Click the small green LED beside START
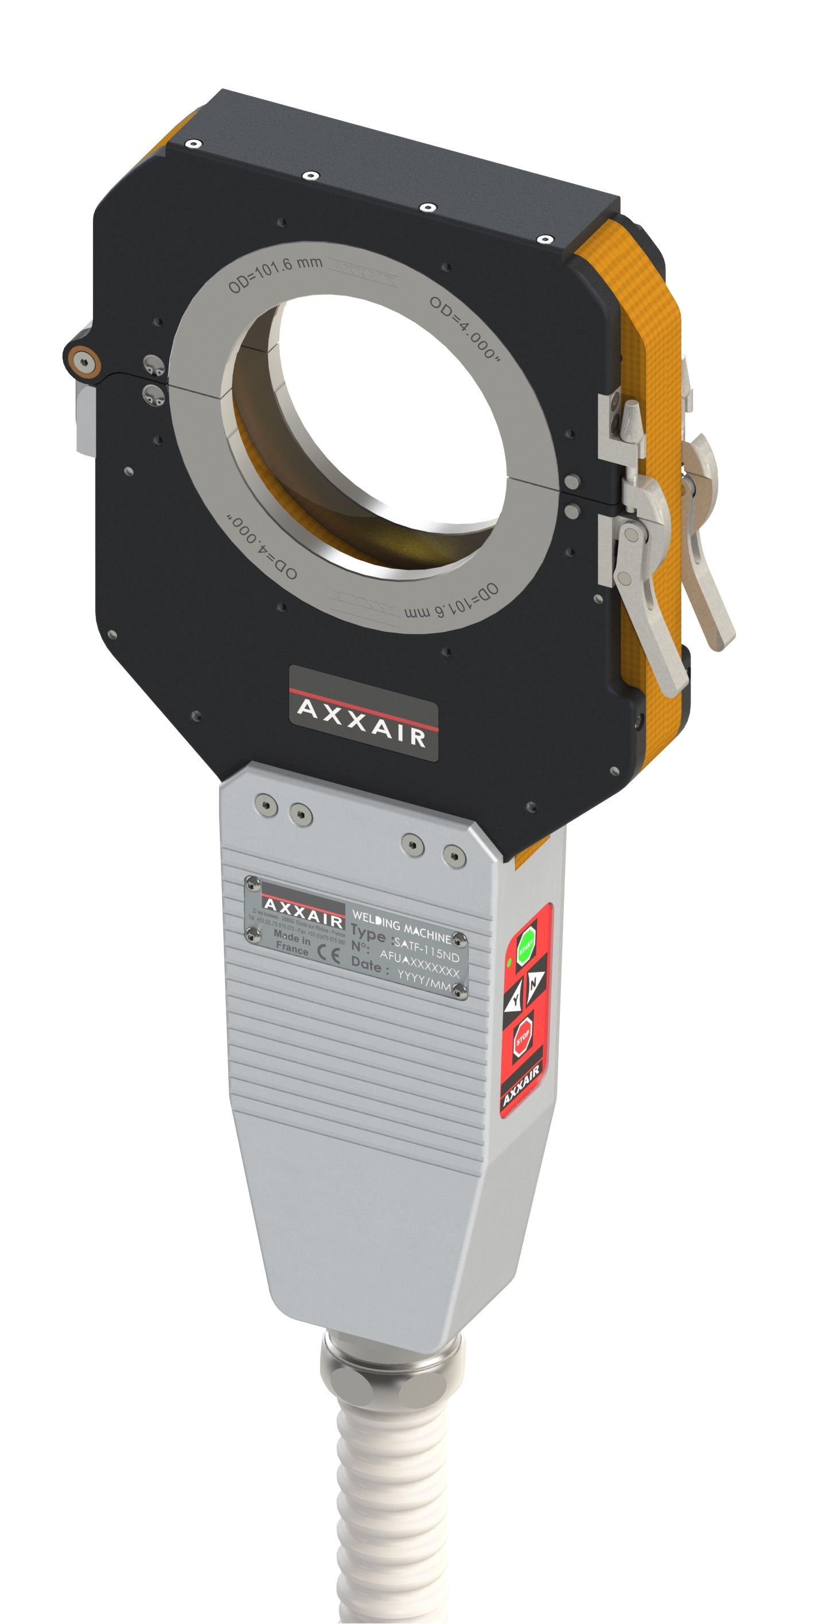[509, 963]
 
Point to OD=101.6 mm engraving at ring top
[275, 273]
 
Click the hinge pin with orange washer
[83, 360]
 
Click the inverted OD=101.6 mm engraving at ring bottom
[450, 602]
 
